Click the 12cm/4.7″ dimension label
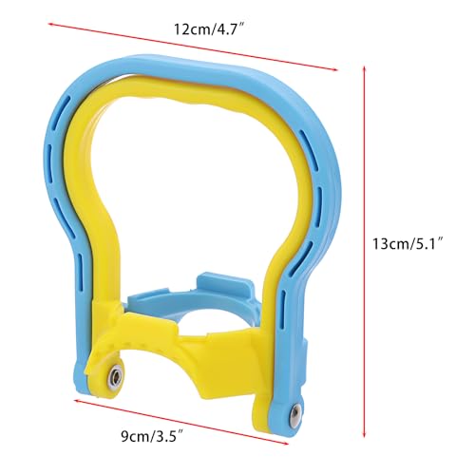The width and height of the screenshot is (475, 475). [209, 29]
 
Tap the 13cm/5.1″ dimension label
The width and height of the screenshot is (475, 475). [407, 244]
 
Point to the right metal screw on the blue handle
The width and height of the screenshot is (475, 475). [295, 412]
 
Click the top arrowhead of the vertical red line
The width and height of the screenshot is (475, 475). [365, 68]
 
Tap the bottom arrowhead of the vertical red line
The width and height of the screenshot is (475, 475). [365, 434]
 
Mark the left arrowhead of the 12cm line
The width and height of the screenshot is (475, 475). [50, 24]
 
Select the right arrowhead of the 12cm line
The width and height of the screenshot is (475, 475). [334, 69]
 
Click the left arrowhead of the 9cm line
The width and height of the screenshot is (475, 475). [77, 401]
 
